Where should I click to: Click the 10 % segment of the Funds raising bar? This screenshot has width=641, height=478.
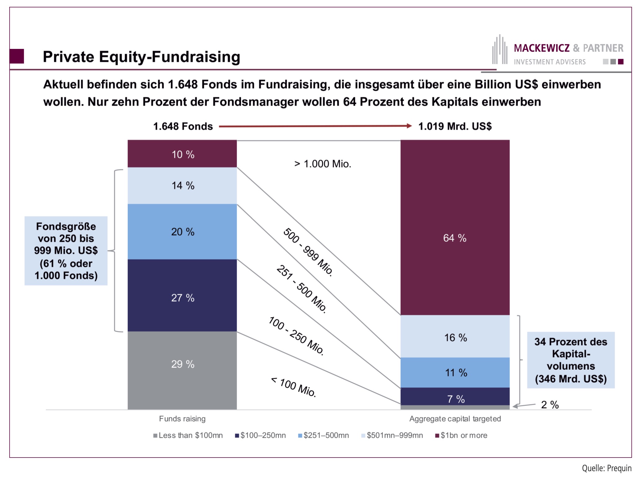(x=182, y=154)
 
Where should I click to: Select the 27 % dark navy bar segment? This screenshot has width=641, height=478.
(x=182, y=296)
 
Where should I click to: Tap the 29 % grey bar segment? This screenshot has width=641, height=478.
(x=182, y=370)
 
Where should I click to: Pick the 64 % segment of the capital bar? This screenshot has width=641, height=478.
(x=455, y=228)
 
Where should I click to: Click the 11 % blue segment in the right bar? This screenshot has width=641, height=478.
(x=455, y=372)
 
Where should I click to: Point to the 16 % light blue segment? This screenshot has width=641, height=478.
(x=455, y=337)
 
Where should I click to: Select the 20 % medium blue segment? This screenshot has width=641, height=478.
(x=182, y=232)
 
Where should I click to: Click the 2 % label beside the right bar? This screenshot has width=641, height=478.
(x=550, y=405)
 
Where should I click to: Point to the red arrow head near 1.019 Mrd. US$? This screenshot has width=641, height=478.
(x=409, y=126)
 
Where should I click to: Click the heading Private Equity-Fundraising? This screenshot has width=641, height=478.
(x=141, y=57)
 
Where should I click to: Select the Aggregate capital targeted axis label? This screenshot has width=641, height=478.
(x=455, y=419)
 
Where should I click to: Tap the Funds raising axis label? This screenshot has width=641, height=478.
(x=182, y=419)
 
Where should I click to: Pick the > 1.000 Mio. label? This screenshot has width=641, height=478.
(x=323, y=164)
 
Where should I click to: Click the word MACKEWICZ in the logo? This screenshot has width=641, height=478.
(x=541, y=48)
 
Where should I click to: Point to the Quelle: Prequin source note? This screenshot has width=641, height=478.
(x=606, y=468)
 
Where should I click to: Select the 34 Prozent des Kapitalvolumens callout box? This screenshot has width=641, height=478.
(x=571, y=360)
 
